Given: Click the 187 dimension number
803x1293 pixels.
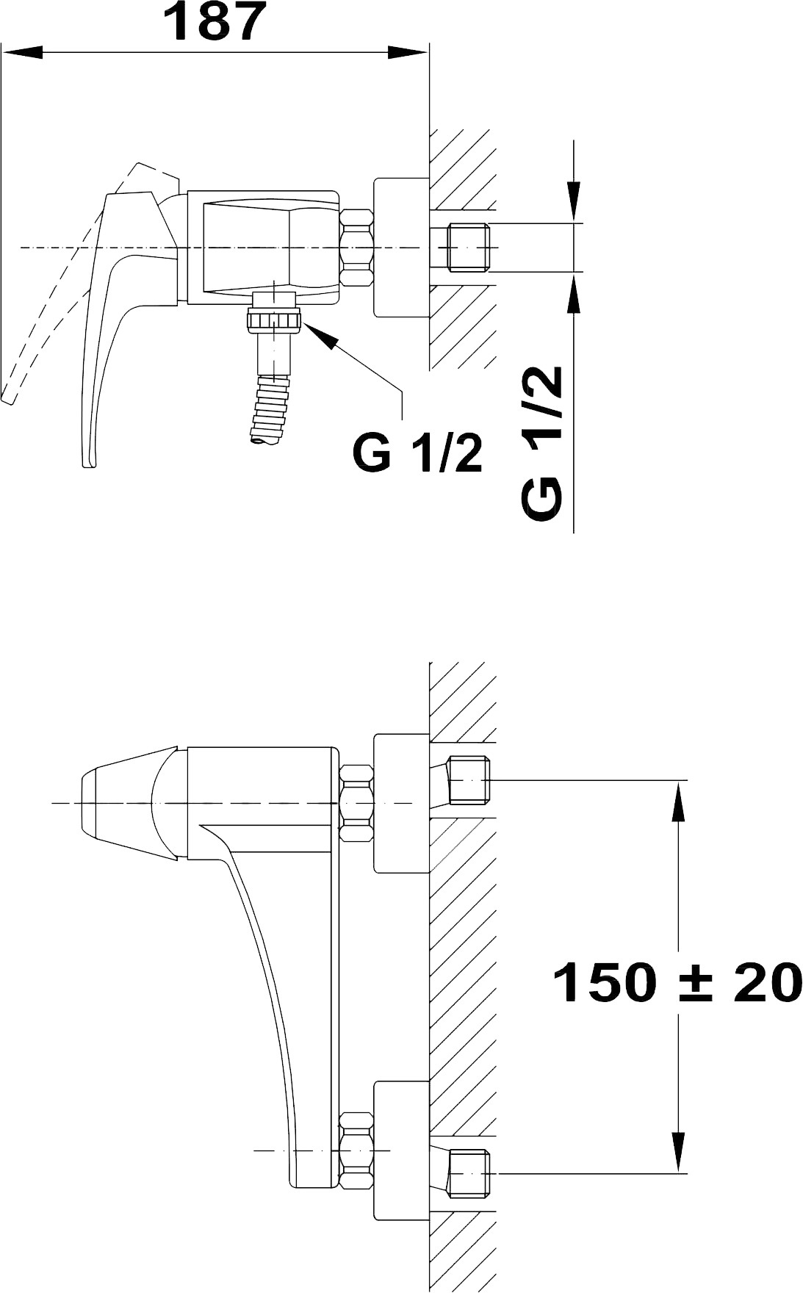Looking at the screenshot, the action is [x=214, y=23].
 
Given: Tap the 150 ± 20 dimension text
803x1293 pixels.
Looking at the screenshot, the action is [x=676, y=982].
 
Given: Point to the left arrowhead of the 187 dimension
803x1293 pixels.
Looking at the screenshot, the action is [x=23, y=52].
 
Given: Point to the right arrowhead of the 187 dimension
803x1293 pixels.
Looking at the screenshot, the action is [x=408, y=52].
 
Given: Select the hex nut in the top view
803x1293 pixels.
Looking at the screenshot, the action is [x=357, y=248].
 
